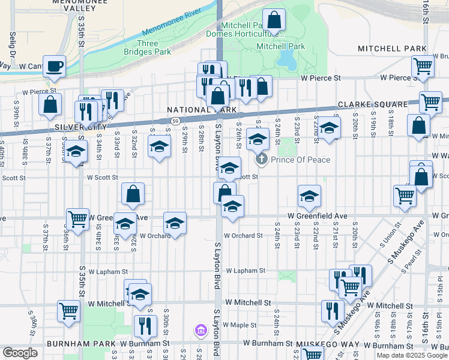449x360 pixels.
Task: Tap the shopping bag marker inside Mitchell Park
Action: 274,21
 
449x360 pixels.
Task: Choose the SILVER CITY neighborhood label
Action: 80,127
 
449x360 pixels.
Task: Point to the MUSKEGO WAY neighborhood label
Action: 327,344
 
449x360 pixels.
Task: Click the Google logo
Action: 20,353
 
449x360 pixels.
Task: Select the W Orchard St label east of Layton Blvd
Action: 243,236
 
